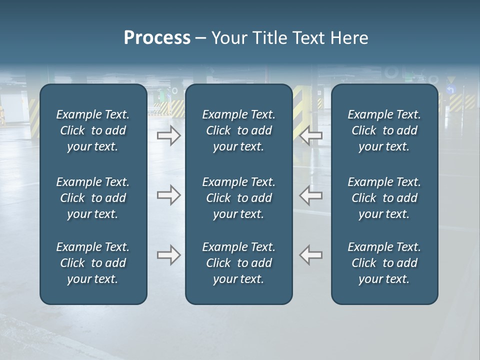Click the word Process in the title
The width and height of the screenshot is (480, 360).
coord(157,38)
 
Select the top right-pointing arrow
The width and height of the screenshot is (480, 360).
coord(168,135)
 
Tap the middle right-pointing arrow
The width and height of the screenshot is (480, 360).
coord(168,195)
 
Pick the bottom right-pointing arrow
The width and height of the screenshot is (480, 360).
coord(168,255)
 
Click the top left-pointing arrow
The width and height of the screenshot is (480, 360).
coord(311,135)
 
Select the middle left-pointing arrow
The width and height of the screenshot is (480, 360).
coord(311,195)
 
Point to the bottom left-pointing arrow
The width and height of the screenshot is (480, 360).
coord(311,255)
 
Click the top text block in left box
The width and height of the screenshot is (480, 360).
coord(93,130)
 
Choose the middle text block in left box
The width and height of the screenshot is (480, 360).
coord(93,198)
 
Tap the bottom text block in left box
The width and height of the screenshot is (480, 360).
coord(93,263)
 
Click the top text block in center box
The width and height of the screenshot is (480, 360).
coord(238,130)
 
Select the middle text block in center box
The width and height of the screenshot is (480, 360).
coord(238,198)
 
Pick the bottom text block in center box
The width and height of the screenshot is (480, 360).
coord(238,263)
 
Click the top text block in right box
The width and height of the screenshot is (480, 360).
coord(384,130)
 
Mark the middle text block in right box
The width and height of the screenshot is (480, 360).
coord(384,198)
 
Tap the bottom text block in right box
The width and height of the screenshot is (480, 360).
coord(384,263)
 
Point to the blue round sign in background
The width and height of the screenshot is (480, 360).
coord(451,90)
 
